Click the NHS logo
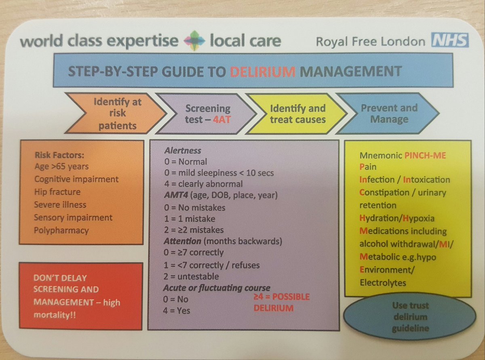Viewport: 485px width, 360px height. tap(450, 41)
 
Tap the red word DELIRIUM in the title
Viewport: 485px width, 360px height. tap(259, 72)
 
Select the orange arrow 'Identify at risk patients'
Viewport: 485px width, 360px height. tap(109, 113)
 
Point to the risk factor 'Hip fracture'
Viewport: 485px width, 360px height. tap(57, 192)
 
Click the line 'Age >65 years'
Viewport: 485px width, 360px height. tap(61, 166)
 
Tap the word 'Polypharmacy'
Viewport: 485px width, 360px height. tap(61, 230)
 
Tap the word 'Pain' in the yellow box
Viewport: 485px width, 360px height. tap(367, 167)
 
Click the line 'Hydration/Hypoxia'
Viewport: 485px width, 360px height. tap(397, 218)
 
